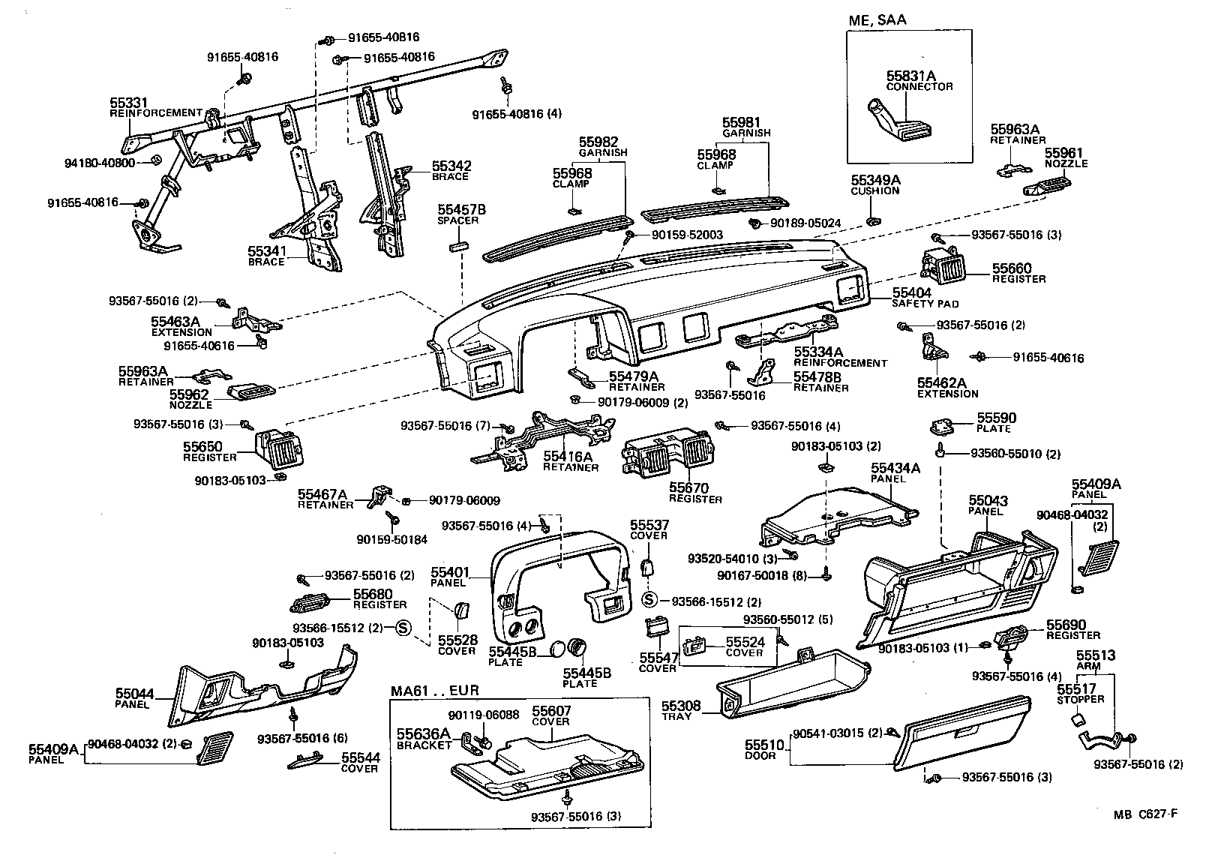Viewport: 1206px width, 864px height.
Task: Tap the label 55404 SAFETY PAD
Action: [x=911, y=292]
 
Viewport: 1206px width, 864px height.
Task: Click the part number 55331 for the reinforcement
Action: [x=129, y=102]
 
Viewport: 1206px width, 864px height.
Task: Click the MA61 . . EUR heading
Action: [x=434, y=691]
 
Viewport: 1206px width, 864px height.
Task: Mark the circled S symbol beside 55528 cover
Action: [x=402, y=628]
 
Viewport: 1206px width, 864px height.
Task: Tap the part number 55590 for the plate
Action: [x=996, y=418]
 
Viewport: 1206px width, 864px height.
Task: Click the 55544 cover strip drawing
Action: [x=310, y=762]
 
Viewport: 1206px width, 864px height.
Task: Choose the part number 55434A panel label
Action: [x=895, y=467]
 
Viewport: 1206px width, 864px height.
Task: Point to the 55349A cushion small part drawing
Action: [x=873, y=220]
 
